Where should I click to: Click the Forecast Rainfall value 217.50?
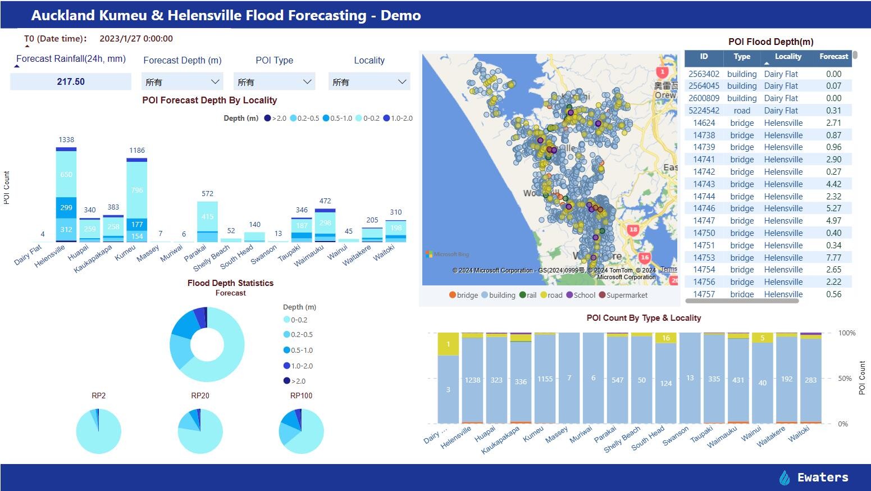tap(71, 82)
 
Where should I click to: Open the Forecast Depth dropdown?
tap(182, 82)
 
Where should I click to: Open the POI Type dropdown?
tap(274, 82)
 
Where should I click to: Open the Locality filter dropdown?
tap(369, 82)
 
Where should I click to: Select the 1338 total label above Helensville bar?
tap(66, 140)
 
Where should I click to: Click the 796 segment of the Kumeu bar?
tap(137, 190)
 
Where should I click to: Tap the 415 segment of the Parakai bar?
tap(207, 216)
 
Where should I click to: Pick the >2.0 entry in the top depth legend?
tap(276, 119)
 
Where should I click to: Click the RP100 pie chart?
tap(301, 431)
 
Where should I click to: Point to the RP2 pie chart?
tap(98, 431)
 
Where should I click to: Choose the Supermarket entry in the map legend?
tap(623, 295)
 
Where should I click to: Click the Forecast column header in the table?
tap(833, 57)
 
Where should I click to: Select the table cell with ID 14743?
tap(704, 184)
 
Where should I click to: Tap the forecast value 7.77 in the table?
tap(833, 258)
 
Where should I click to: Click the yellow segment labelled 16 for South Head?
tap(666, 338)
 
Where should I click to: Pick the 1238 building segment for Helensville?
tap(472, 380)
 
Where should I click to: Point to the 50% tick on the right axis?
tap(845, 379)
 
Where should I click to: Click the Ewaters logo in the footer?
tap(814, 478)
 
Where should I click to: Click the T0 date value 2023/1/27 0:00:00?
tap(136, 39)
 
